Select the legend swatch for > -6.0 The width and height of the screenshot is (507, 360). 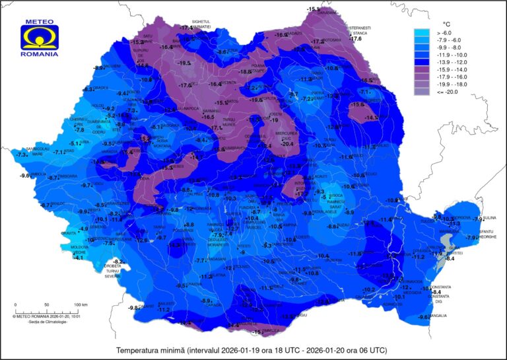pos(421,32)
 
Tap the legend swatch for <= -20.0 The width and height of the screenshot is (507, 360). pos(421,92)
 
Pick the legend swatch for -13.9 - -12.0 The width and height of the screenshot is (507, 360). pos(421,62)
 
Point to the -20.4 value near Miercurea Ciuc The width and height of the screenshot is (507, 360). pos(287,143)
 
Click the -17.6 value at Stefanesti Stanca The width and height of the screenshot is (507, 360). pos(356,39)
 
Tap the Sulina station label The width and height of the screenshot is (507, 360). pos(489,217)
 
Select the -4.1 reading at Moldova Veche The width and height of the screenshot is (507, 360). pos(79,258)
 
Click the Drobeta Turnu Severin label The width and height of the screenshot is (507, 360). pos(118,271)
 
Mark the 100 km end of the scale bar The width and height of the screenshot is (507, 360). pos(81,305)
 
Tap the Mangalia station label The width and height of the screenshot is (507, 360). pos(438,316)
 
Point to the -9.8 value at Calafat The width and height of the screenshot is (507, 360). pos(134,308)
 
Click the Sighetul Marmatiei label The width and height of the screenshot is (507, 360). pos(201,23)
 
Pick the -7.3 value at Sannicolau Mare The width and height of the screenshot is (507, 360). pos(21,155)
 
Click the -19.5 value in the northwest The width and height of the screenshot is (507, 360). pos(184,63)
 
